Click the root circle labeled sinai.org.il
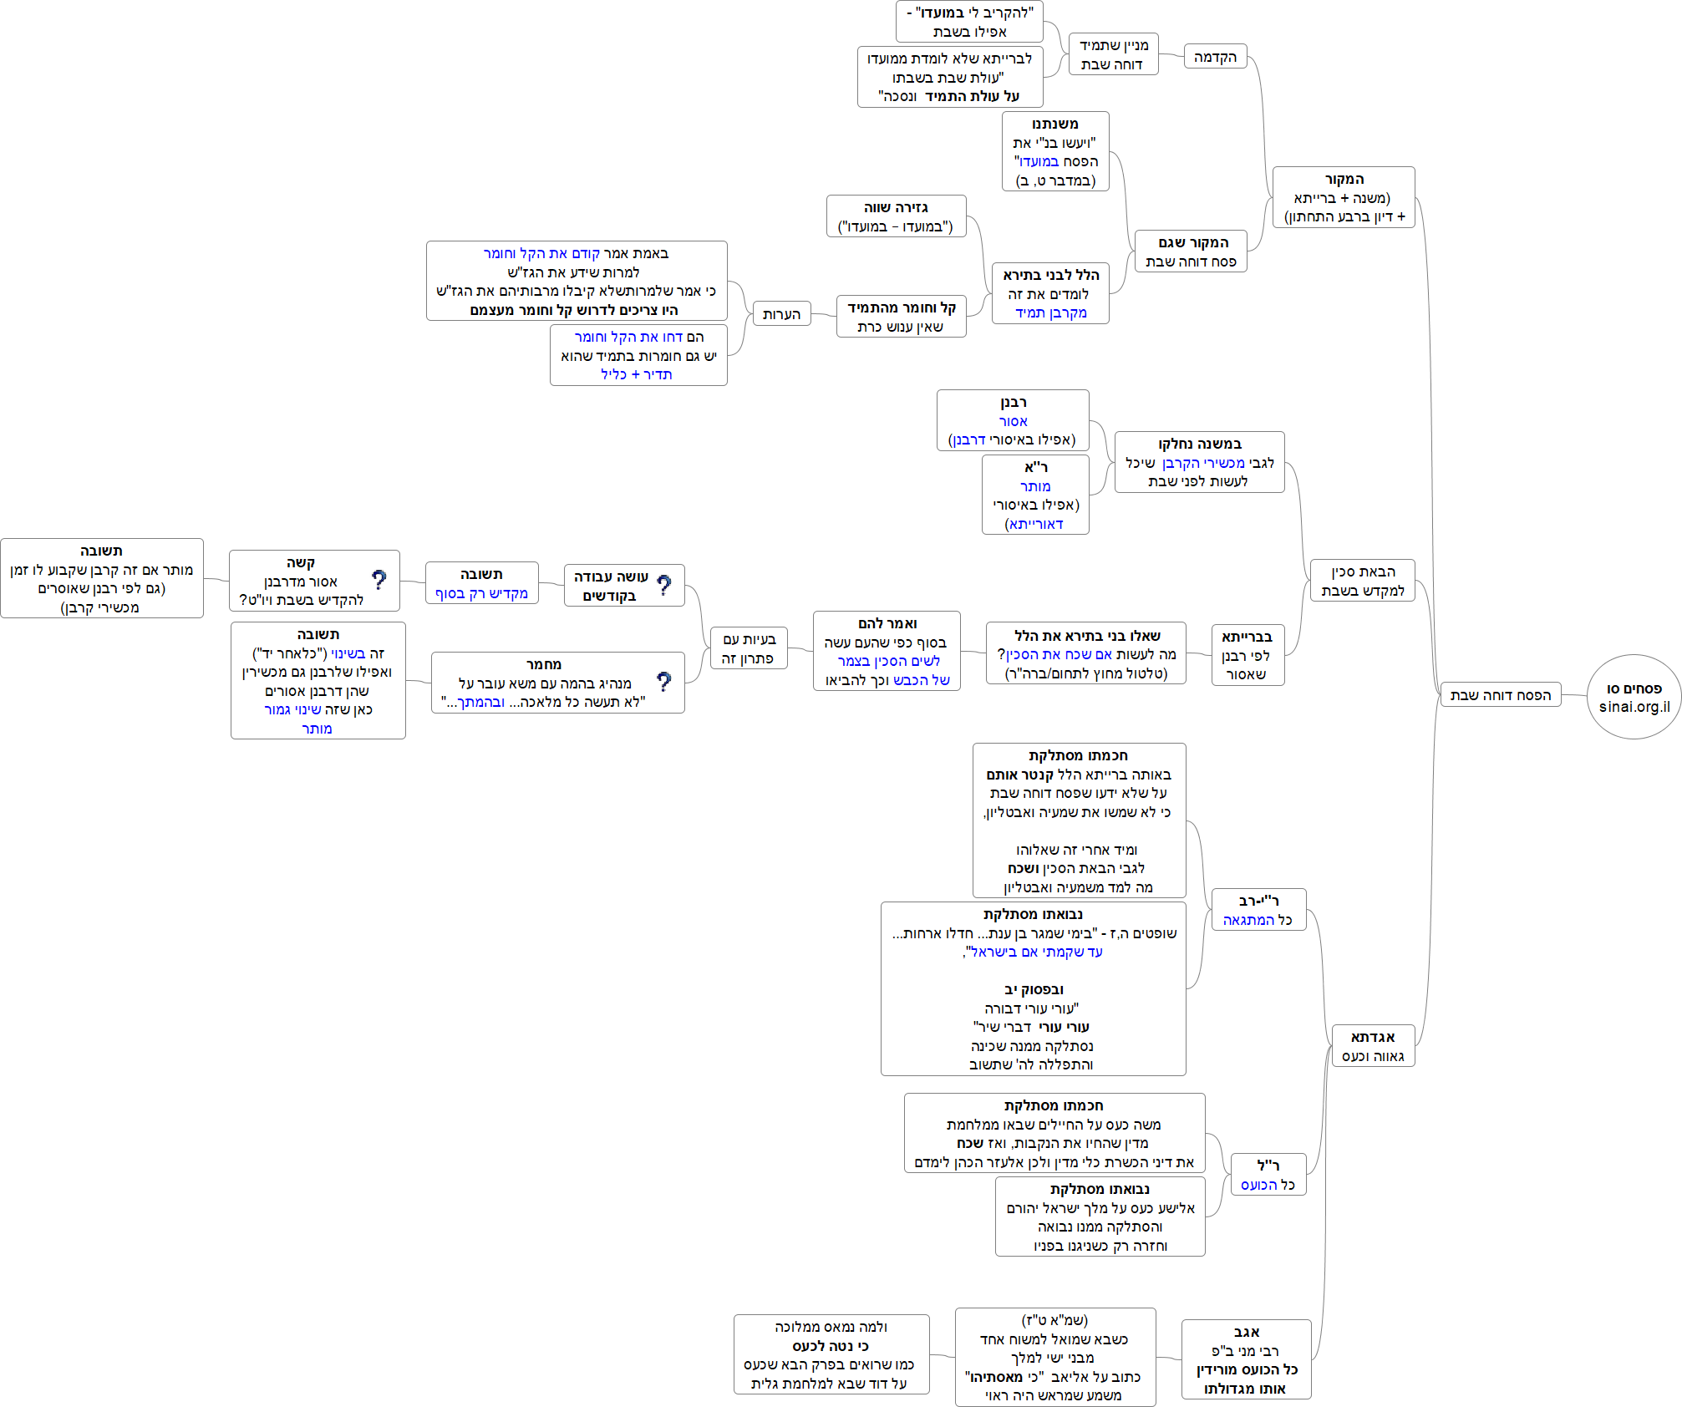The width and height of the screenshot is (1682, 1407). tap(1634, 697)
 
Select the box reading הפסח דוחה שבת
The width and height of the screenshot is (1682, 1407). tap(1500, 695)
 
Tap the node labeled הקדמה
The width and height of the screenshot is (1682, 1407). tap(1215, 57)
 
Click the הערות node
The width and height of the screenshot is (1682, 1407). tap(781, 314)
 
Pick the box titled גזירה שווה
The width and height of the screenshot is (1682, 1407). tap(896, 216)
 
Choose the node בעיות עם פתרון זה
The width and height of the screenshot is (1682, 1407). tap(748, 648)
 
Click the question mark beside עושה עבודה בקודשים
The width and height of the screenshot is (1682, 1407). tap(664, 585)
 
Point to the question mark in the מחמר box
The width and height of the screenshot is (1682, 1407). tap(664, 682)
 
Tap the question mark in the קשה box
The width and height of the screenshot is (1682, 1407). tap(379, 580)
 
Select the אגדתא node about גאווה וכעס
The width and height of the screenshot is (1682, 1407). tap(1372, 1046)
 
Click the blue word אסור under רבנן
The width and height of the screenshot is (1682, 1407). tap(1013, 422)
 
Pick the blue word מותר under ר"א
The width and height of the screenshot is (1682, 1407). tap(1035, 486)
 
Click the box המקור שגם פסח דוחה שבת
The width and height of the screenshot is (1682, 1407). tap(1191, 251)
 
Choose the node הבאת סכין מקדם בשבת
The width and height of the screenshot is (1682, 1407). tap(1362, 581)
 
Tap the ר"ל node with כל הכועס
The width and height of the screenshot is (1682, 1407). tap(1268, 1175)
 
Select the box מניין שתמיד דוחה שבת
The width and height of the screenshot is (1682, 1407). tap(1113, 54)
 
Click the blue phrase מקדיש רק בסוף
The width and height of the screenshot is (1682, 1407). tap(481, 593)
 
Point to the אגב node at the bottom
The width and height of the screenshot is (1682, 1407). tap(1246, 1359)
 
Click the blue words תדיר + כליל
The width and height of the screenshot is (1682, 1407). tap(636, 374)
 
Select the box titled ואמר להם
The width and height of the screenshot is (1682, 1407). tap(887, 651)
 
